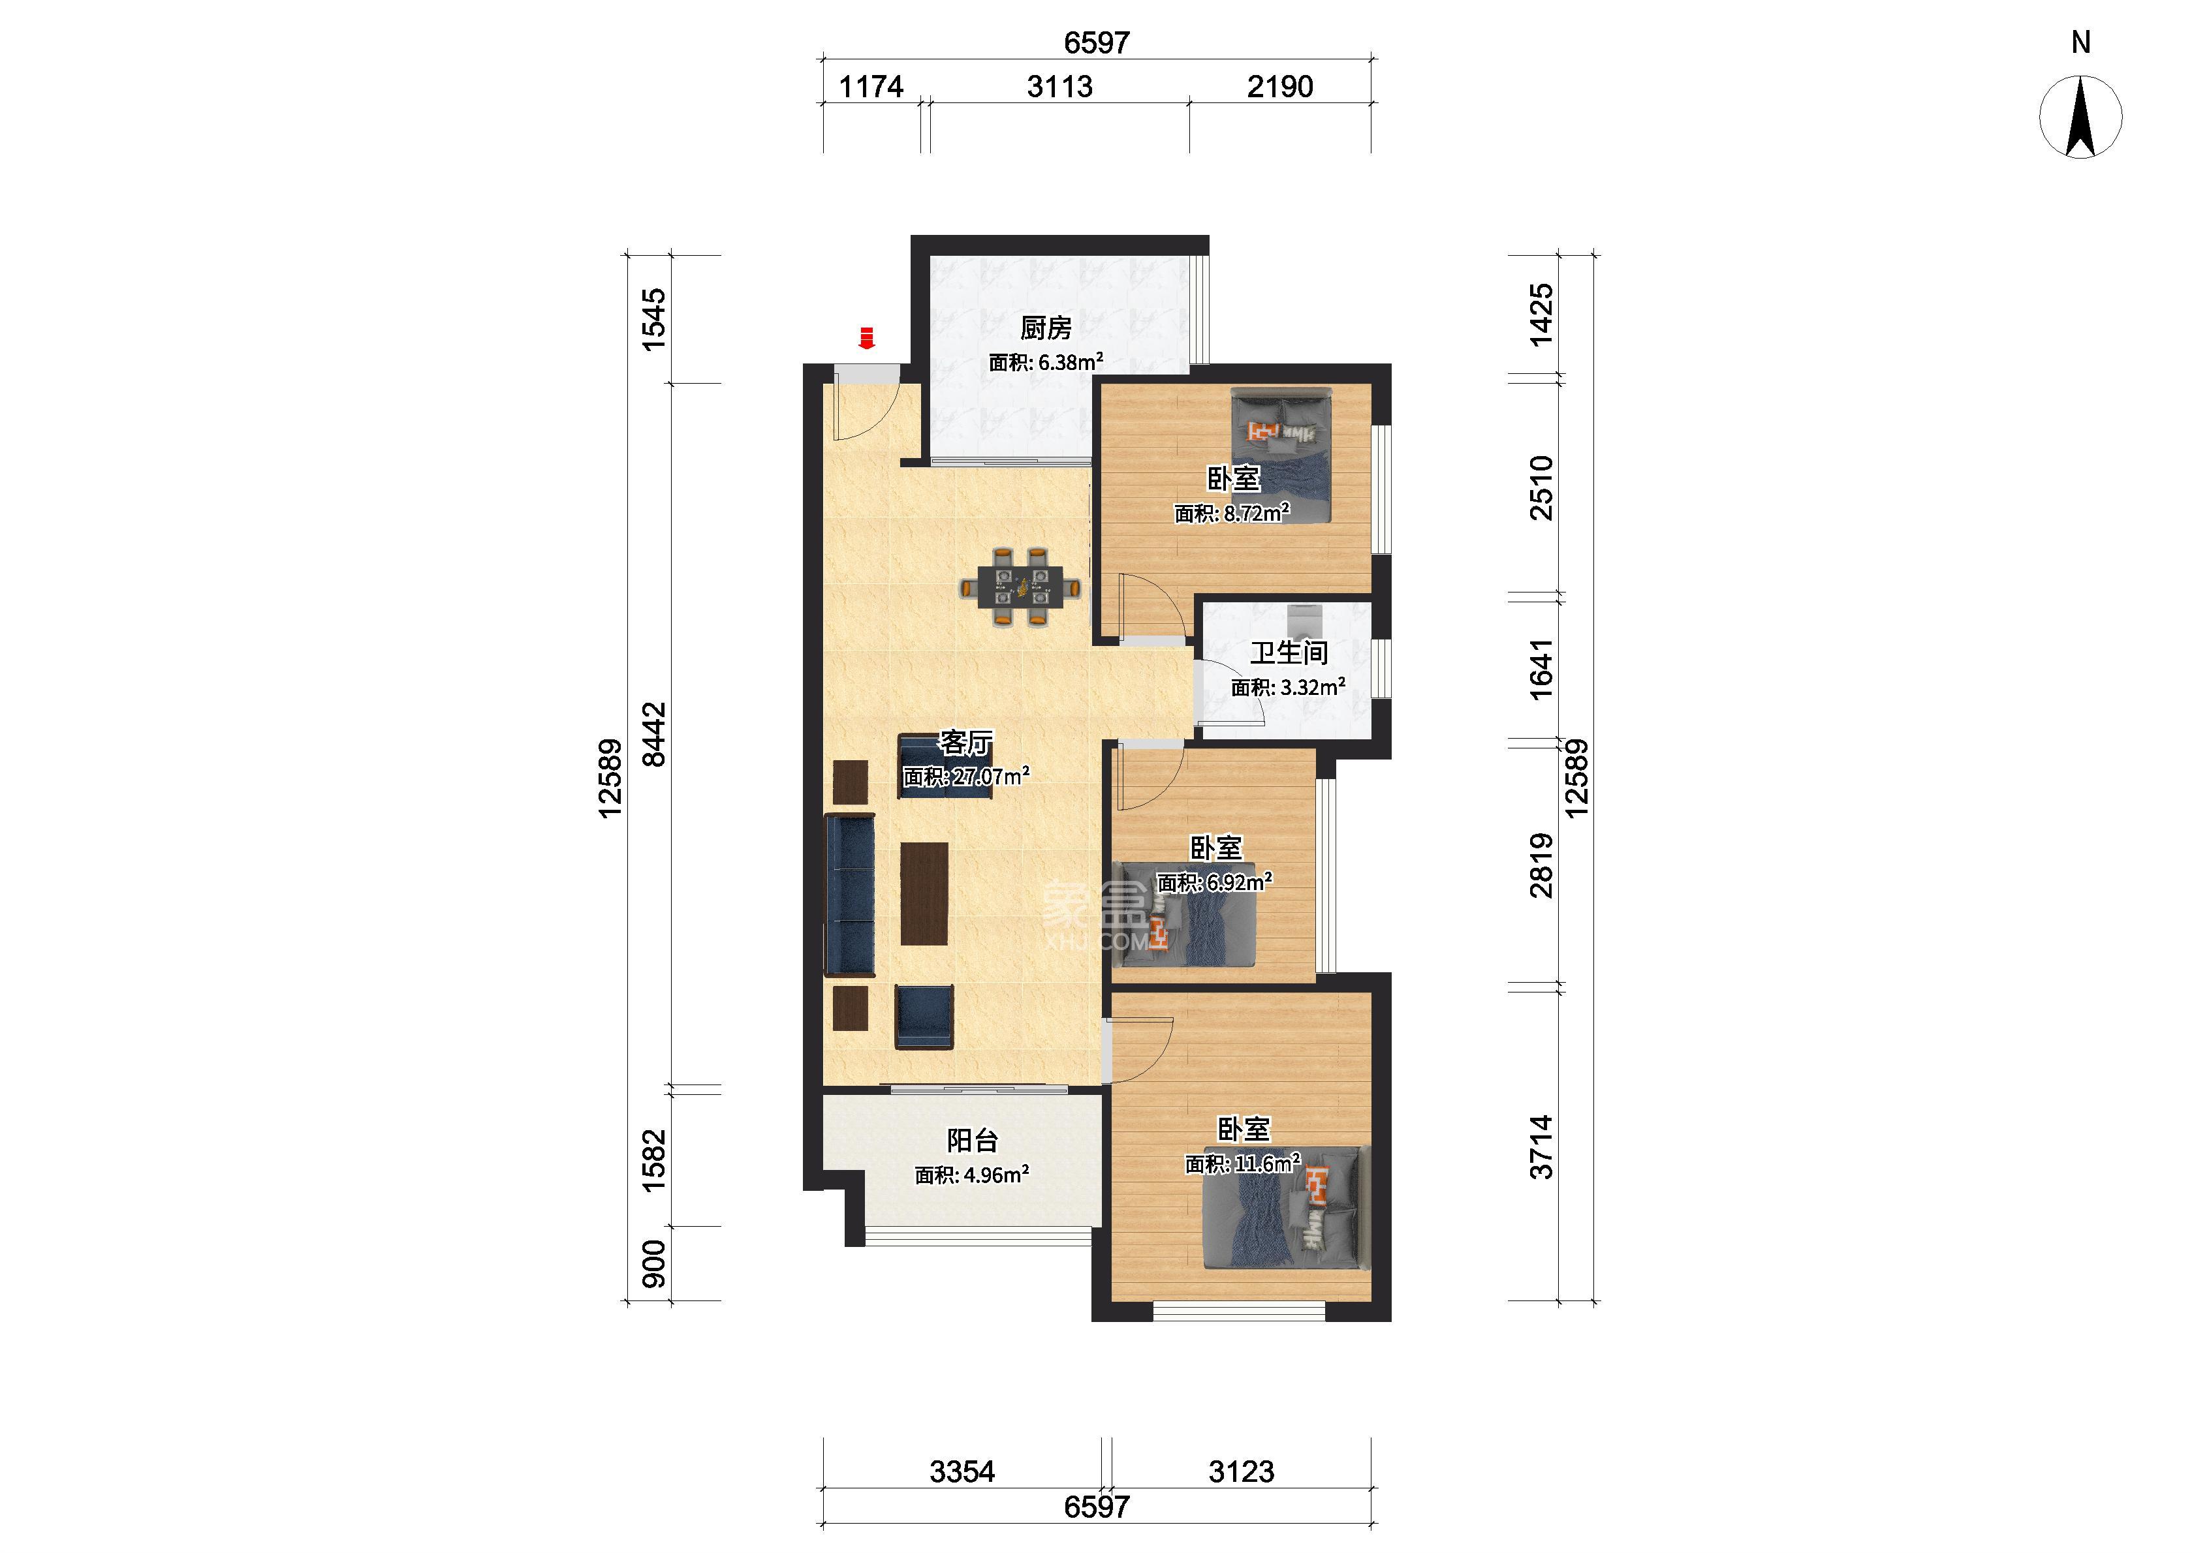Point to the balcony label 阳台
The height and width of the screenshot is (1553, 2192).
point(972,1140)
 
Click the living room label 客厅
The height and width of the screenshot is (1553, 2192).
point(966,742)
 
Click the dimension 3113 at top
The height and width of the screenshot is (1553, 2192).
point(1059,87)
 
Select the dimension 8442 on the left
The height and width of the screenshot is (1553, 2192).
point(654,735)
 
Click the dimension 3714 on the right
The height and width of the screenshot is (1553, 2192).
point(1541,1148)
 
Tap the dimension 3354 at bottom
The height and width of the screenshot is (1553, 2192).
point(962,1471)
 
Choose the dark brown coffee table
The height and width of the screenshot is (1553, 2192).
point(255,893)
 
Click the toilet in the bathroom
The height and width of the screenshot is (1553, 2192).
point(1302,621)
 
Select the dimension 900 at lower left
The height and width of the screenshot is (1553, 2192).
point(653,1263)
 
